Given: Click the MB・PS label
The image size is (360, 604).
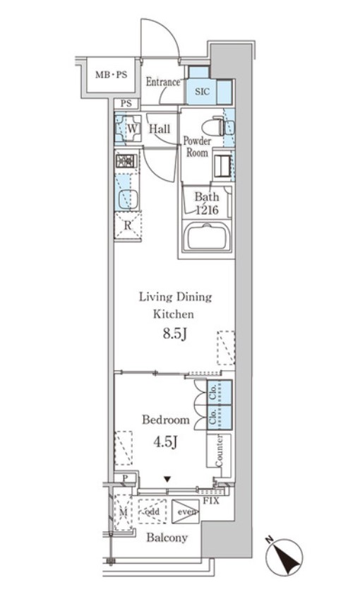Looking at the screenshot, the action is tap(111, 74).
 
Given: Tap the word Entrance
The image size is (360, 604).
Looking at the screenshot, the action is tap(163, 82).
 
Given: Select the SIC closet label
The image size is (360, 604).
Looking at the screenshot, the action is tap(202, 91).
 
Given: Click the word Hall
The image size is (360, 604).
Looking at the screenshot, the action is tap(160, 129).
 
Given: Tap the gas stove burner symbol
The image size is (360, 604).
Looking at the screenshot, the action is tap(126, 160).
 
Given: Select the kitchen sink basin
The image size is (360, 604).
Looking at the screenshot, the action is tap(127, 199).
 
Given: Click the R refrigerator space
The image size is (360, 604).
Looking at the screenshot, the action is tap(128, 225).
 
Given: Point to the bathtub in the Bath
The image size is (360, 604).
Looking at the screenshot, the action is tap(208, 237).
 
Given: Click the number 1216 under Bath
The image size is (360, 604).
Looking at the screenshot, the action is tap(207, 210).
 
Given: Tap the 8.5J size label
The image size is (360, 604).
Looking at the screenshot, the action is tap(175, 333).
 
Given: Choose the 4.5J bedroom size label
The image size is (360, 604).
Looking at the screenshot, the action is tap(165, 442).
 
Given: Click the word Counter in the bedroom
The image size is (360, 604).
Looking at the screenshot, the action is tap(219, 451).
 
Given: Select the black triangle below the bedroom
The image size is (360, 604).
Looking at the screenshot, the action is tap(167, 479).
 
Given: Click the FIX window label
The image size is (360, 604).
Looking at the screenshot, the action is tap(211, 501).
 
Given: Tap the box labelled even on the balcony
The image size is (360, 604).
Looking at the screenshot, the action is tap(186, 511).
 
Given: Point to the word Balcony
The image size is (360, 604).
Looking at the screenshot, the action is tap(167, 538).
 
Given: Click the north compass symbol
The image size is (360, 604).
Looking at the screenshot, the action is tap(284, 557).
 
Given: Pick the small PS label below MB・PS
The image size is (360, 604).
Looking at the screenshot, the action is tap(126, 103).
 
